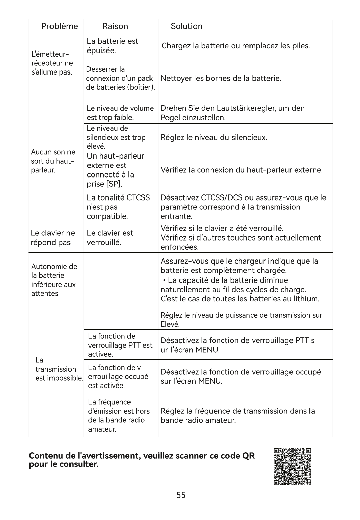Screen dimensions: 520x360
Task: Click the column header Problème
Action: [59, 26]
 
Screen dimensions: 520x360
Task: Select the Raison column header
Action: [115, 26]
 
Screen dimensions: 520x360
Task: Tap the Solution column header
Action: [186, 26]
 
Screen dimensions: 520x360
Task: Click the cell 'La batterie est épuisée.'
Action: [112, 46]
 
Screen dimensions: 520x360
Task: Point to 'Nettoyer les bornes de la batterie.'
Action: [221, 79]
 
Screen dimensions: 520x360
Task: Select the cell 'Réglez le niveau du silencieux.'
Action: [214, 138]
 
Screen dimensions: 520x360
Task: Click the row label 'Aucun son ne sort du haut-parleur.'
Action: [53, 161]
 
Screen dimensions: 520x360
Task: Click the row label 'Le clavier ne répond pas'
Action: [53, 238]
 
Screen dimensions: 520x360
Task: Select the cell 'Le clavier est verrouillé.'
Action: [110, 238]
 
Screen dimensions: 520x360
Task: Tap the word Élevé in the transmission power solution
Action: [170, 324]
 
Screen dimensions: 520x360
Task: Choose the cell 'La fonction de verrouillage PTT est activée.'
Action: [120, 345]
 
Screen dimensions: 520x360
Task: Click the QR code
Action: [292, 466]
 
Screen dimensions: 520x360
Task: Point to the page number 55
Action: [181, 495]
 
